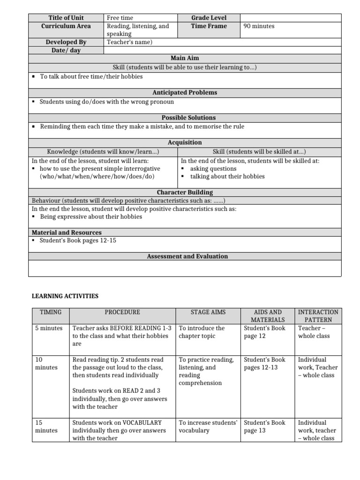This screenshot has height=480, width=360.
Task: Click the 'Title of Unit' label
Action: [66, 18]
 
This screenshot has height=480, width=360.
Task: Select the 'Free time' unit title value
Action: [120, 18]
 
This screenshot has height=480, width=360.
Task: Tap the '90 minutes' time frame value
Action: [259, 26]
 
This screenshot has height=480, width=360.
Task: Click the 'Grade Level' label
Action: [209, 18]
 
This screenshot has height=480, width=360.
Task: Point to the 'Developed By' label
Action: [66, 42]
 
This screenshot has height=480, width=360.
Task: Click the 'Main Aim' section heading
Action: [185, 58]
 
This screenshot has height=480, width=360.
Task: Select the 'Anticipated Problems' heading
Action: [185, 92]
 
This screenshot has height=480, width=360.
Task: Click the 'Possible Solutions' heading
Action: [185, 118]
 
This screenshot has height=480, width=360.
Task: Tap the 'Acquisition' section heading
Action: [185, 142]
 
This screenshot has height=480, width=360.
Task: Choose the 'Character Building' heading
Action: [185, 192]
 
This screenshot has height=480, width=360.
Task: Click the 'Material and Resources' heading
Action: [67, 232]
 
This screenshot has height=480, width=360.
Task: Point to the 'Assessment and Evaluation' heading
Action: [187, 256]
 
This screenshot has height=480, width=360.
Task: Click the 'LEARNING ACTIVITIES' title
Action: [65, 296]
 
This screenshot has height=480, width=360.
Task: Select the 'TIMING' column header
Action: [51, 312]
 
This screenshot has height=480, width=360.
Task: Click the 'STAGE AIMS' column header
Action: [208, 312]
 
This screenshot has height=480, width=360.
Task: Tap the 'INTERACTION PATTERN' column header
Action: [318, 316]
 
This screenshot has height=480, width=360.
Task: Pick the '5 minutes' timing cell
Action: [49, 328]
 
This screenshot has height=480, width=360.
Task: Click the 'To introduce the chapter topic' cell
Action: [202, 332]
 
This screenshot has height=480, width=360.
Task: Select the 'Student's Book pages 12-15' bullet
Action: [78, 240]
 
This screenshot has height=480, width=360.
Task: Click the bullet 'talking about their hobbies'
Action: [227, 177]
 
